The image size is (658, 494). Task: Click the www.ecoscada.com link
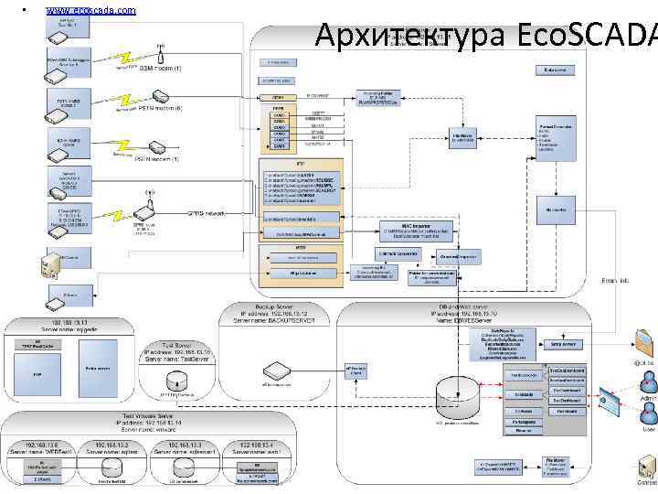(90, 10)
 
